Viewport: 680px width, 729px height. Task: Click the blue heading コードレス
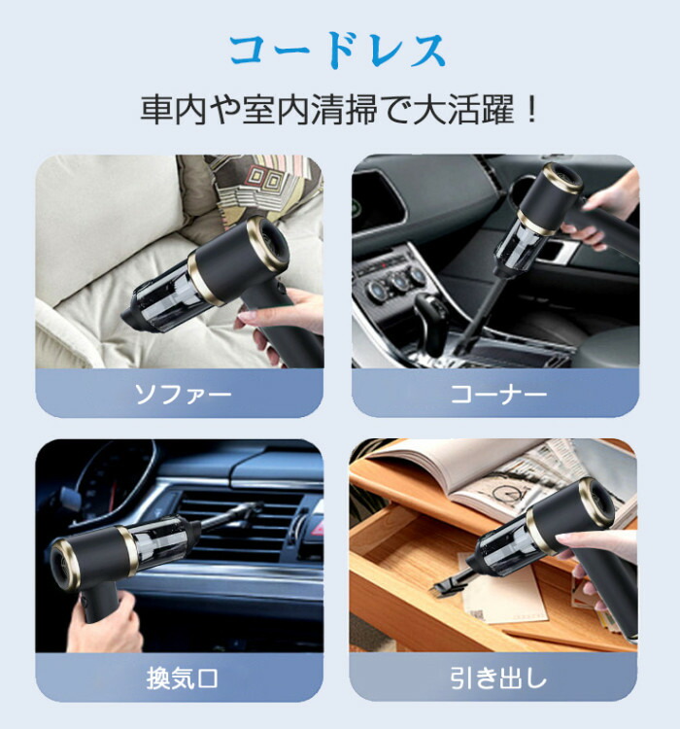click(x=338, y=51)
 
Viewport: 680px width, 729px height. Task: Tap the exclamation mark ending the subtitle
click(x=531, y=109)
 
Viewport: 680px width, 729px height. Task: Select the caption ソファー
click(x=183, y=395)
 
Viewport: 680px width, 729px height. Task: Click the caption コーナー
click(x=498, y=395)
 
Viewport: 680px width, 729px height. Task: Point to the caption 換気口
click(x=183, y=678)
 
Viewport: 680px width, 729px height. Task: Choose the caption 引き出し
click(x=497, y=677)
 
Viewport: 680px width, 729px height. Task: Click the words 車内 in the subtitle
click(x=173, y=110)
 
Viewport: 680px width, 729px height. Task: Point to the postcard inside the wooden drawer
click(x=502, y=590)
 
